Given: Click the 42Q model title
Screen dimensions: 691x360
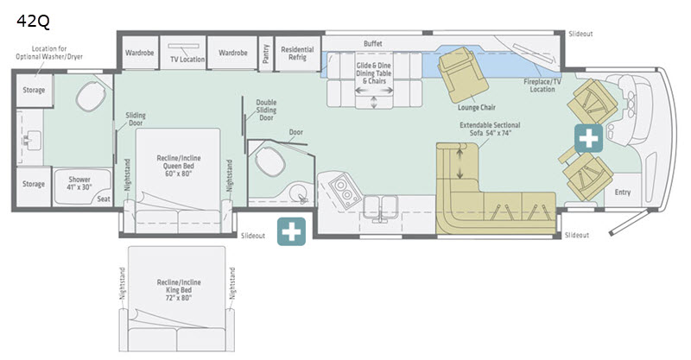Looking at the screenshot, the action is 33,21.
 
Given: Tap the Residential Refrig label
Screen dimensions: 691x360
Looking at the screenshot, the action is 297,54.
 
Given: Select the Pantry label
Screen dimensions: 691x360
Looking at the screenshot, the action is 266,54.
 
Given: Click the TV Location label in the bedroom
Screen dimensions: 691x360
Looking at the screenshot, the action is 187,59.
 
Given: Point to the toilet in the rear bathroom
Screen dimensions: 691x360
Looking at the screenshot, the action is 91,96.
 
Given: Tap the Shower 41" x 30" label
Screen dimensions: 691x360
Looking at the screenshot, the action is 79,183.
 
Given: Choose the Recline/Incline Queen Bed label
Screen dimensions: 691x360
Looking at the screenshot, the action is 179,166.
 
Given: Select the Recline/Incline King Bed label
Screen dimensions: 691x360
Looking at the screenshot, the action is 179,290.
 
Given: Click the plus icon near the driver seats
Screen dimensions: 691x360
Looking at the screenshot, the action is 588,138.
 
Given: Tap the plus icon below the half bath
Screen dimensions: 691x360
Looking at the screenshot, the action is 291,231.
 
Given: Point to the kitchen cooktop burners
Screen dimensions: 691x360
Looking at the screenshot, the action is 344,192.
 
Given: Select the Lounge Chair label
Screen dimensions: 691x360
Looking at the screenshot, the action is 477,107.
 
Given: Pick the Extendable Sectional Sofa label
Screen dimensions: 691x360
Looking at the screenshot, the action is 490,129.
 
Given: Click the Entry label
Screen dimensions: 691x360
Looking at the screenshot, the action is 623,193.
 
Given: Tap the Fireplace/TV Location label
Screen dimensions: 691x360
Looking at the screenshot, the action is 542,85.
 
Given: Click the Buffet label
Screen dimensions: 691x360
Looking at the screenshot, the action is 373,44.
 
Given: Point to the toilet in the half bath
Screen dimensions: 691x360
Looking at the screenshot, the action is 269,160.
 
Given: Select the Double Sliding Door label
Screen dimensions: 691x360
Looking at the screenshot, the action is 267,110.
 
